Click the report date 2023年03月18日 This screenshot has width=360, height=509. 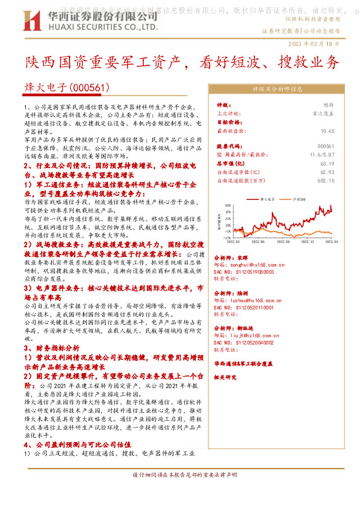click(x=326, y=44)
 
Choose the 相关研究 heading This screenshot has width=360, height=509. click(x=227, y=377)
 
